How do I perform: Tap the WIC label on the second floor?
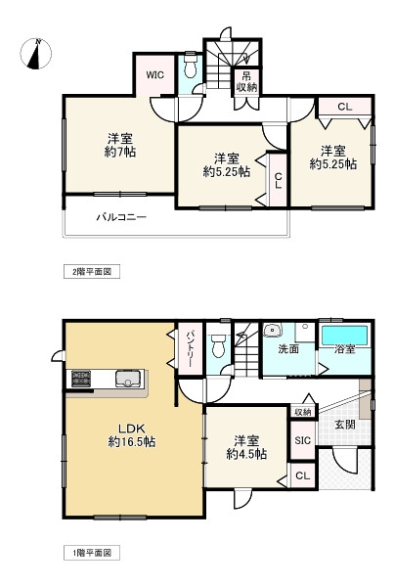tap(154, 72)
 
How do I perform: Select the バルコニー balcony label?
tap(121, 216)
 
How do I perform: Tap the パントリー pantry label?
tap(191, 348)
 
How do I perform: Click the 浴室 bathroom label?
tap(344, 348)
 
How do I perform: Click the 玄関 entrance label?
tap(344, 425)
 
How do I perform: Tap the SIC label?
tap(302, 440)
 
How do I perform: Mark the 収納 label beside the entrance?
tap(302, 412)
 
